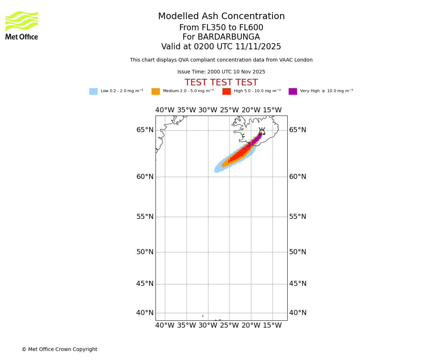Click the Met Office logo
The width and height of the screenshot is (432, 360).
click(x=22, y=25)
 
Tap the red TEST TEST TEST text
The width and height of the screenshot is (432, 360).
click(x=221, y=83)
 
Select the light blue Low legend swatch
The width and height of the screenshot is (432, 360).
click(x=93, y=91)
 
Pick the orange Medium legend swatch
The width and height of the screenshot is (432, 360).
click(x=156, y=91)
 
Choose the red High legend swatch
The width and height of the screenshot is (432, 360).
click(x=226, y=91)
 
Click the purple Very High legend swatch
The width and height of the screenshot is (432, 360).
click(x=293, y=91)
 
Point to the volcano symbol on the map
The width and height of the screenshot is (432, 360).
click(x=262, y=131)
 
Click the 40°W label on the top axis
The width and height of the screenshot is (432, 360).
click(x=165, y=110)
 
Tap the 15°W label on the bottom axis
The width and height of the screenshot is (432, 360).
click(x=272, y=325)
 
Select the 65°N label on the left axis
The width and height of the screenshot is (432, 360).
click(x=145, y=130)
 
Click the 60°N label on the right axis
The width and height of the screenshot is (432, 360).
click(x=298, y=177)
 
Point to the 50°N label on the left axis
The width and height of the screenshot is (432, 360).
click(x=145, y=252)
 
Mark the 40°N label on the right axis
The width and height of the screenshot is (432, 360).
click(x=298, y=313)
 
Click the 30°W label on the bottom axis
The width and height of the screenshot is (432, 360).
click(x=208, y=325)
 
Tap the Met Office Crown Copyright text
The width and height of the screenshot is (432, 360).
click(x=59, y=350)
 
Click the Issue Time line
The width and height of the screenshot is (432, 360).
click(x=221, y=72)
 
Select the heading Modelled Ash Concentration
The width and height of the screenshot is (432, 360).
click(x=221, y=17)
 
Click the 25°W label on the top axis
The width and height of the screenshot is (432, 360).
click(x=229, y=110)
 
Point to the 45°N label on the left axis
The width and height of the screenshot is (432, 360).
click(x=145, y=284)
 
